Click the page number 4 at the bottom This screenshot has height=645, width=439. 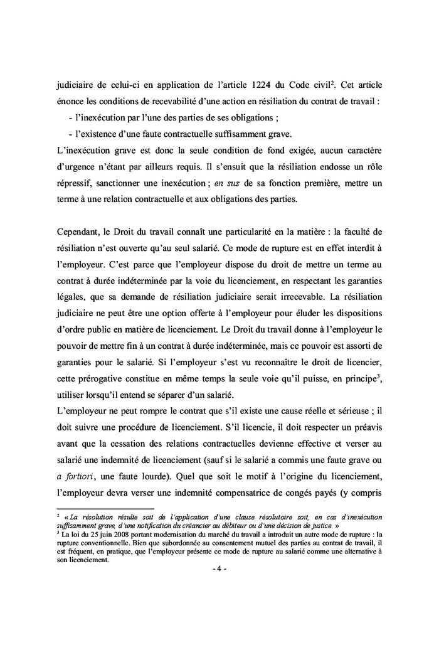pyautogui.click(x=219, y=568)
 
